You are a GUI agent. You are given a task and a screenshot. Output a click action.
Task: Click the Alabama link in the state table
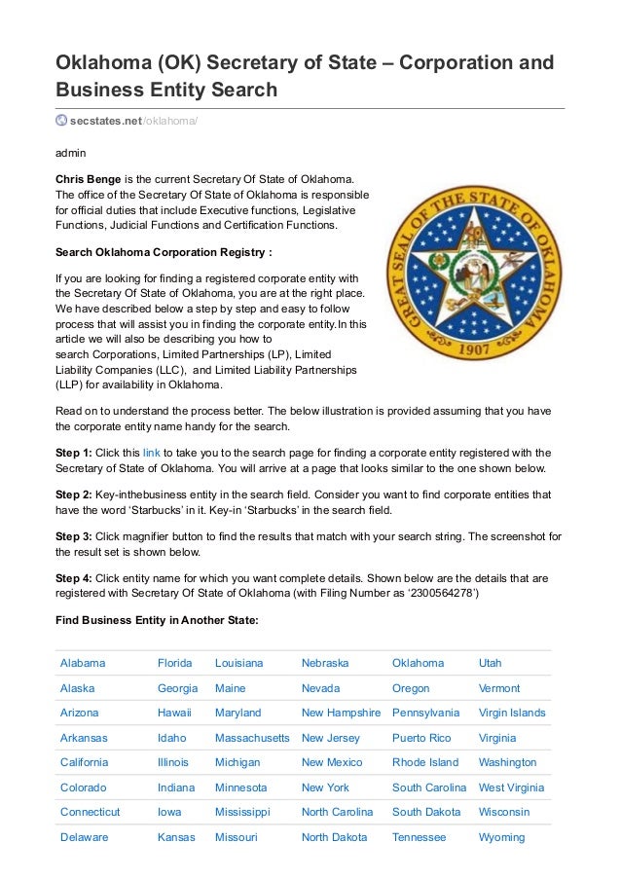[x=83, y=663]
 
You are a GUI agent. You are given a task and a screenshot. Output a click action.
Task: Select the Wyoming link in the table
[x=501, y=837]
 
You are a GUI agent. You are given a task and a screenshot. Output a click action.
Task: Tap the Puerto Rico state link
[x=421, y=738]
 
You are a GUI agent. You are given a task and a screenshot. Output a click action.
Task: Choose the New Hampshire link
[x=341, y=713]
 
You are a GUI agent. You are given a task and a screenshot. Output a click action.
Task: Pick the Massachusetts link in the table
[x=252, y=738]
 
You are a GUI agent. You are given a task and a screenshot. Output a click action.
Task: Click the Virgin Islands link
[x=512, y=713]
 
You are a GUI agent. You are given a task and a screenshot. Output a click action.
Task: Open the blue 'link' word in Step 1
[x=152, y=453]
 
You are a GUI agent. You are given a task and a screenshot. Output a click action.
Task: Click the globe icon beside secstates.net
[x=61, y=121]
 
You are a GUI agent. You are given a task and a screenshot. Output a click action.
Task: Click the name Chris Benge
[x=88, y=179]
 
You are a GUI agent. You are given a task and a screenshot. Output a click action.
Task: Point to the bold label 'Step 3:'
[x=74, y=536]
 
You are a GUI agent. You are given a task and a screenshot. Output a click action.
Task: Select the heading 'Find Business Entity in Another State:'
[x=157, y=620]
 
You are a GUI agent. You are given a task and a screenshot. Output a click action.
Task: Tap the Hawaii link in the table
[x=174, y=713]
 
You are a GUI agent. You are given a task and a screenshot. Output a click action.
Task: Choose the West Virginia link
[x=511, y=787]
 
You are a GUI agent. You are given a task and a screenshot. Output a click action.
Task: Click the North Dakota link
[x=334, y=837]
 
